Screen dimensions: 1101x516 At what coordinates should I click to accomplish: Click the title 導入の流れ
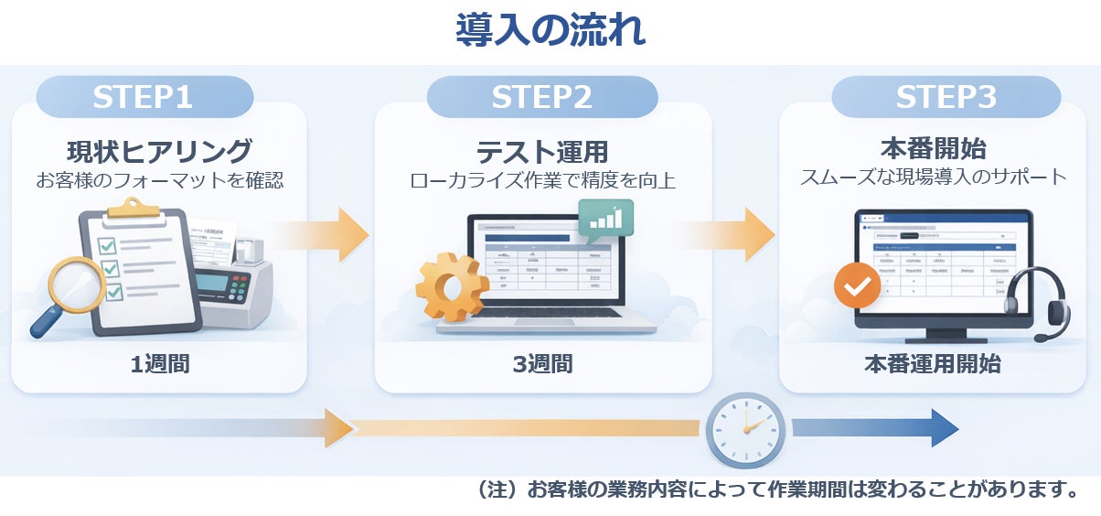coord(550,30)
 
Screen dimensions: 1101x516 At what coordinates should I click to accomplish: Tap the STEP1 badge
coord(144,97)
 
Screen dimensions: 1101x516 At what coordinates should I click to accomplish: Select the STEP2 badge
coord(541,97)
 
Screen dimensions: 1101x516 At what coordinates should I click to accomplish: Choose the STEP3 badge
coord(946,97)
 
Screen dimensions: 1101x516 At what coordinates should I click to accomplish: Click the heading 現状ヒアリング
coord(159,150)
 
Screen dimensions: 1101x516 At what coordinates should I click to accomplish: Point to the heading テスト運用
coord(542,151)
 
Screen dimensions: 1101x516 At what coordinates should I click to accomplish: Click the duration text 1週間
coord(159,364)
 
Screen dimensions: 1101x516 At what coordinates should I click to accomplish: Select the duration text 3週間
coord(542,364)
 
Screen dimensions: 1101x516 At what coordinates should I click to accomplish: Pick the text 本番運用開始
coord(933,364)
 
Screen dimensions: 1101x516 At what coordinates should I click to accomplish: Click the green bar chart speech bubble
coord(605,220)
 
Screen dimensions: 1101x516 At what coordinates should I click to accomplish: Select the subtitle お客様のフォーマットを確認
coord(159,180)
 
